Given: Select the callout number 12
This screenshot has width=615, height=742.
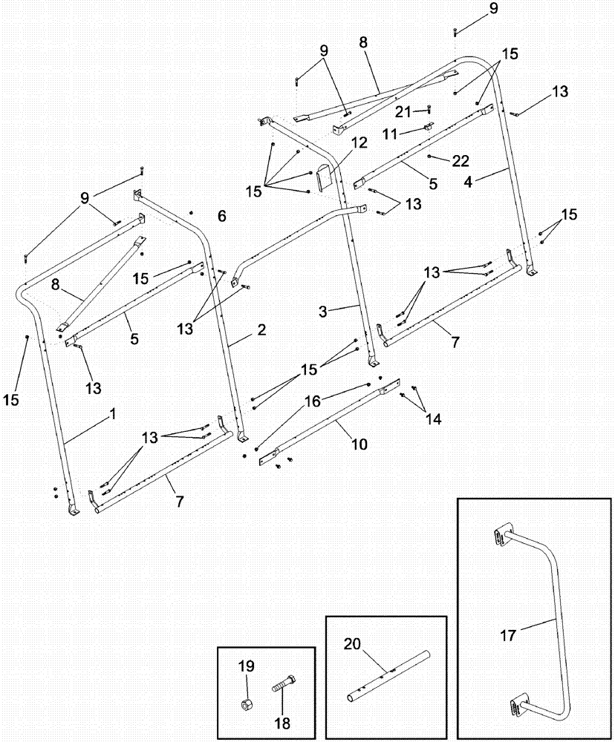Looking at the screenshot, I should point(359,143).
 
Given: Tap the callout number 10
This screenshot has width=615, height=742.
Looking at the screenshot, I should point(359,444).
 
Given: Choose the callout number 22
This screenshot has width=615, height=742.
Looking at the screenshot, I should point(461,160).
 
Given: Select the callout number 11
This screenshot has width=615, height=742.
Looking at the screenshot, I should point(406,133).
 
